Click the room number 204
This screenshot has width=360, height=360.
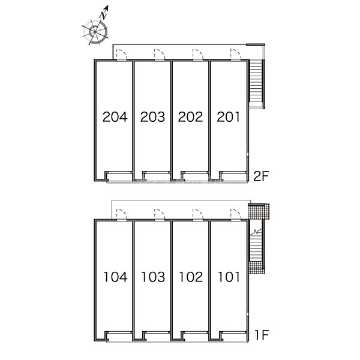pos(115,117)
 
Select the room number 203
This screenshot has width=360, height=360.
pos(152,117)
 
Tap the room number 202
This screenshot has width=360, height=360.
pos(190,117)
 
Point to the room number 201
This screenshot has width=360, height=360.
pos(228,117)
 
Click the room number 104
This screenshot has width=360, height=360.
pos(115,277)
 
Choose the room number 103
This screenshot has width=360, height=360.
pos(152,277)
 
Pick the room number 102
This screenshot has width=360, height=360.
pos(191,277)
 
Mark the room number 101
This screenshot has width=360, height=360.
pos(229,277)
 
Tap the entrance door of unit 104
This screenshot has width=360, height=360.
pos(122,215)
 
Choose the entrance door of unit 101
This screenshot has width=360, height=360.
pos(236,215)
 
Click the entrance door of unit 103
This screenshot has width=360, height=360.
pos(160,215)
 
